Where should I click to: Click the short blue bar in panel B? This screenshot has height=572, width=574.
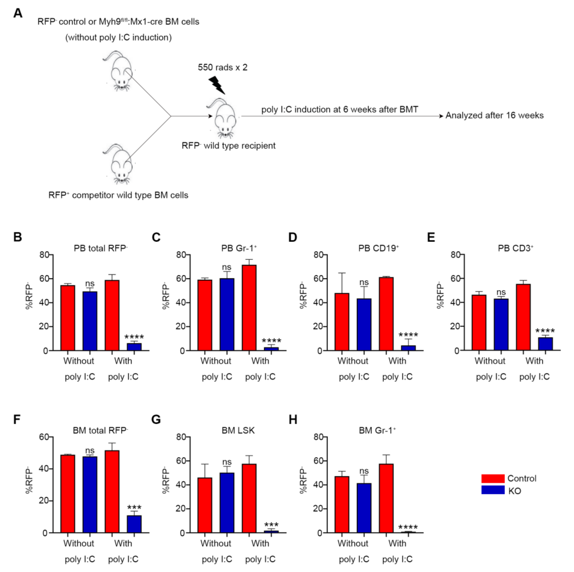(x=134, y=347)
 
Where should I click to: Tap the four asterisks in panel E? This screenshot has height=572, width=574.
(x=545, y=331)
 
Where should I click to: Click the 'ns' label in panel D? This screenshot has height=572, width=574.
(x=364, y=282)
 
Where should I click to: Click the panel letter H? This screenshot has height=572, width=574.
(x=293, y=420)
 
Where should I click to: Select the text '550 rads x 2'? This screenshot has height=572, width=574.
(x=222, y=67)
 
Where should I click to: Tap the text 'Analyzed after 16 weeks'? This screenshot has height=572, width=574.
(x=494, y=116)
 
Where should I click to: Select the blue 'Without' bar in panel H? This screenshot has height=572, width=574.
(x=364, y=508)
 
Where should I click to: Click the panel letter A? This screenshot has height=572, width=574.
(x=18, y=13)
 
